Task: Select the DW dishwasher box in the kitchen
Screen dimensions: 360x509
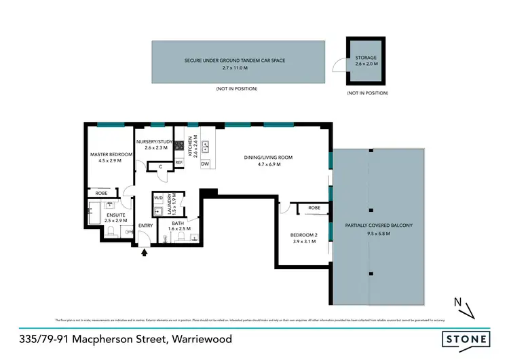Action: pos(204,164)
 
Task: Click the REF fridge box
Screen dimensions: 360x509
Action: pos(179,163)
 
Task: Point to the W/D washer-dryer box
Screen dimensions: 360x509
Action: pos(158,198)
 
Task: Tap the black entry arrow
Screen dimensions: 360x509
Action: pos(143,253)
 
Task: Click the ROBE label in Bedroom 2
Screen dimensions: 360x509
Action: pos(314,208)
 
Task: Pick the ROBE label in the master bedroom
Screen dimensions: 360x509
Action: pos(101,192)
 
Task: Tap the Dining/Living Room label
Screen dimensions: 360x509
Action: pos(268,158)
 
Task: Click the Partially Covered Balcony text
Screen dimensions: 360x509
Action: pos(379,225)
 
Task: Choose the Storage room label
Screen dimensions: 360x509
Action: pos(366,58)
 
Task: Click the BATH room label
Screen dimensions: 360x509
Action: pos(178,223)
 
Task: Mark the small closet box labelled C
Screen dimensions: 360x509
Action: pos(159,166)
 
